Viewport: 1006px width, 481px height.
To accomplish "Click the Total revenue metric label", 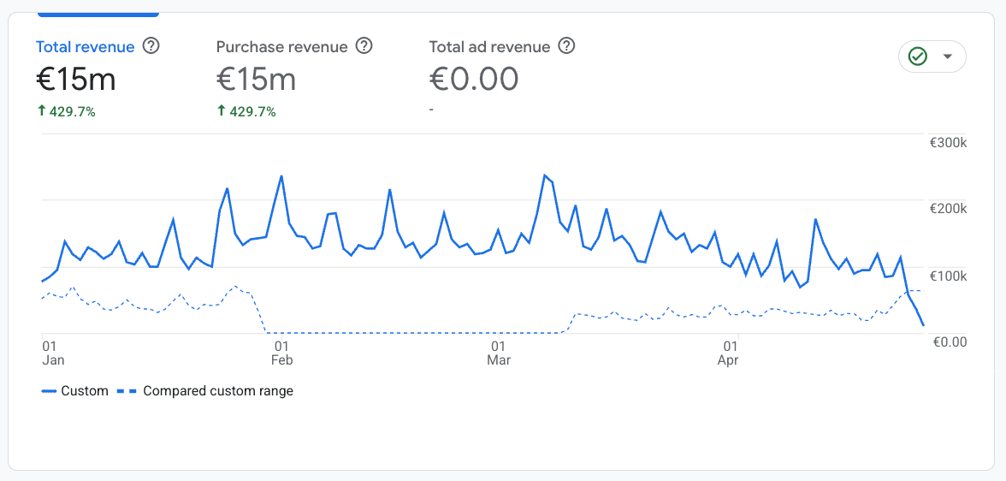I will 85,46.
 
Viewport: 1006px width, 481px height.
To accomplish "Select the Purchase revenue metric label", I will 281,46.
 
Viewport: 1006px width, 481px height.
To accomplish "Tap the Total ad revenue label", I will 489,46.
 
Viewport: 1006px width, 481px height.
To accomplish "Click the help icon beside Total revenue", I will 151,46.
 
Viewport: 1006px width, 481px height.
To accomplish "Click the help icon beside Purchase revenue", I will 364,46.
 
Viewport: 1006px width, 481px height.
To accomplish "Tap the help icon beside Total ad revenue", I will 566,46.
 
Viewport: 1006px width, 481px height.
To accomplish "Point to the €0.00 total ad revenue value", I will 473,80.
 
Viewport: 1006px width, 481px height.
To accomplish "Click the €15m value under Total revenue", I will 75,80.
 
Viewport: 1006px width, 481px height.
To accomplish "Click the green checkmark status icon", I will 918,56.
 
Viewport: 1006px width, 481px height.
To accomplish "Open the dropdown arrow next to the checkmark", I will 947,56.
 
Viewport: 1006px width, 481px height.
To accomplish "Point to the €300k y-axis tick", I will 948,142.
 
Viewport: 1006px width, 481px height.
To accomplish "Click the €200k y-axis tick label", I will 948,209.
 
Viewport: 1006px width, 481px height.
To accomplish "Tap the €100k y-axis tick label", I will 948,276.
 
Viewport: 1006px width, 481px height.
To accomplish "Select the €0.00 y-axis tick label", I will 949,342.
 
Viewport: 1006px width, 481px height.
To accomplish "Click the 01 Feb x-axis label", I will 281,353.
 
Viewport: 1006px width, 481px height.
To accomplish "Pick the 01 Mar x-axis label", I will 499,353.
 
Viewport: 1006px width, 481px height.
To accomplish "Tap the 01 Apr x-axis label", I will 729,353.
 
